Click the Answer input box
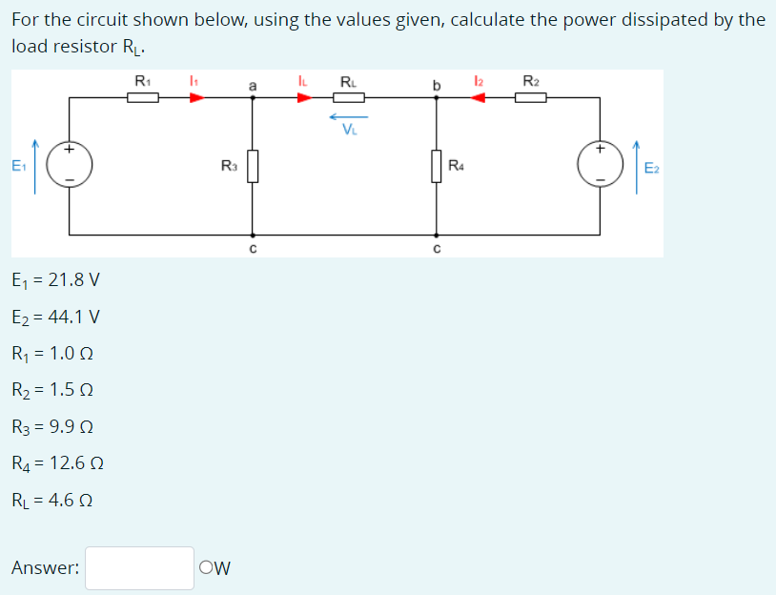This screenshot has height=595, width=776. click(139, 568)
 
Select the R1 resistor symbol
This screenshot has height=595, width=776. click(142, 96)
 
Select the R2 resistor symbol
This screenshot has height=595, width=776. click(530, 96)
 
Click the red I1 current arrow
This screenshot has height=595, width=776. click(195, 96)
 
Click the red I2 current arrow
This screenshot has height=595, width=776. click(480, 96)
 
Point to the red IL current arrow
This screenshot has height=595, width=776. click(304, 96)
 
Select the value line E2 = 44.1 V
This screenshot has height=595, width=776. click(55, 317)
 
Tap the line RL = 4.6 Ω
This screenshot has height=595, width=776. click(56, 500)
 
